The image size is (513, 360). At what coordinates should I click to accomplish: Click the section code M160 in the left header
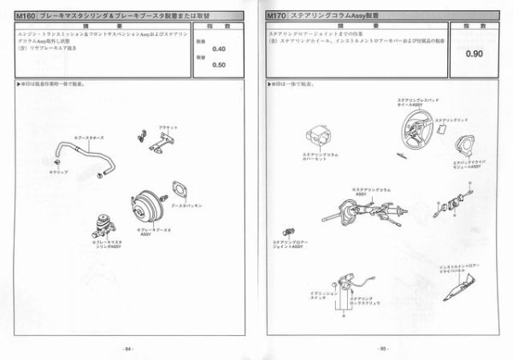[x=26, y=15]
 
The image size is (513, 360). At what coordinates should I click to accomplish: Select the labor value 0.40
[x=219, y=48]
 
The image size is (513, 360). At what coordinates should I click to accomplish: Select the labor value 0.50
[x=219, y=65]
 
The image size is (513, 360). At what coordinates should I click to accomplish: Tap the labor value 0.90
[x=475, y=54]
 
